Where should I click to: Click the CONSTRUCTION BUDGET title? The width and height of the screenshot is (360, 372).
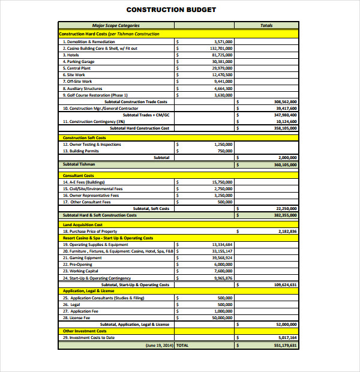171,10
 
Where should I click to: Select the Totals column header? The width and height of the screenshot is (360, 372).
266,26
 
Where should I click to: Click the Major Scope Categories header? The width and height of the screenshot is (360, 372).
116,26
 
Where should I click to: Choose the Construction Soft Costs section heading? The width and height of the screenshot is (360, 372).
84,138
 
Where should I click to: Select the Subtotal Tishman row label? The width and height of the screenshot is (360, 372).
79,164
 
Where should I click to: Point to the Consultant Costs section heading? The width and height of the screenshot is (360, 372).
78,175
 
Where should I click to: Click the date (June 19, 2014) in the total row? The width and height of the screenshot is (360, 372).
158,346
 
